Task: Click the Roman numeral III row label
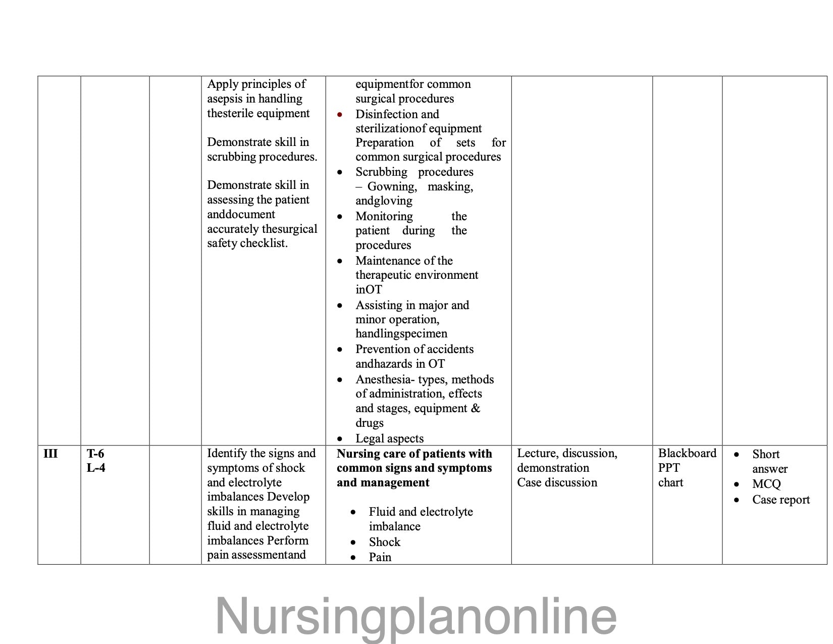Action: point(50,453)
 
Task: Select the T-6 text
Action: point(95,453)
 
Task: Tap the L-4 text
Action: point(96,468)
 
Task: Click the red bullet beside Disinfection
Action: point(340,115)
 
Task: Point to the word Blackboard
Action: point(687,453)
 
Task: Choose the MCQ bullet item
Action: point(766,484)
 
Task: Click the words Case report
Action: point(780,500)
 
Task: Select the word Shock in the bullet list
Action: point(384,542)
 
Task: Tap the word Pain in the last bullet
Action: point(380,557)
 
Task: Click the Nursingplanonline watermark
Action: point(416,616)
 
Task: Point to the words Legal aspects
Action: point(389,438)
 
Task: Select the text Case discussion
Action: point(557,482)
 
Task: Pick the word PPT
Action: point(669,468)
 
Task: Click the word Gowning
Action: point(392,187)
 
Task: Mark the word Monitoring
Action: point(384,216)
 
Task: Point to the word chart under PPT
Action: point(670,482)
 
